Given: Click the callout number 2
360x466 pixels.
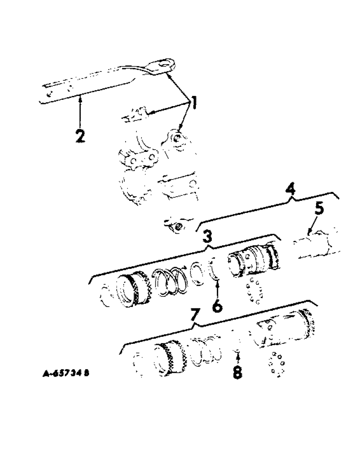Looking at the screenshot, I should click(x=80, y=136).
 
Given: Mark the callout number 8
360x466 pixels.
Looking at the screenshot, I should click(x=237, y=373).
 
